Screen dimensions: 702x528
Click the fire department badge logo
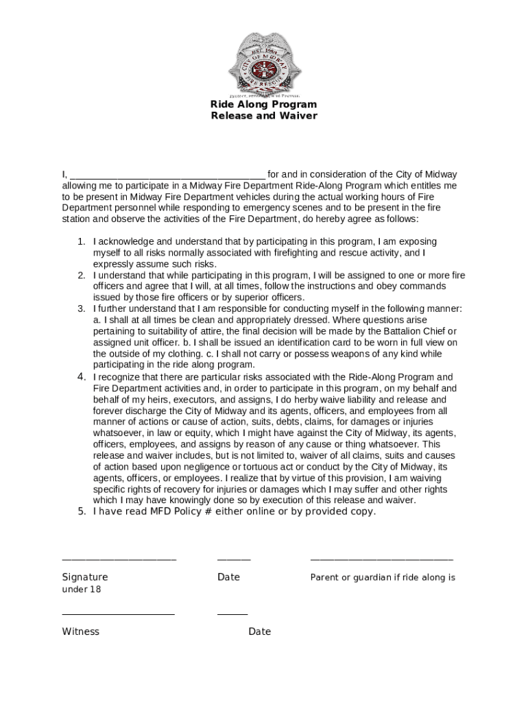(x=264, y=64)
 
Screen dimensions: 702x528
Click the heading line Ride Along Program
(x=264, y=105)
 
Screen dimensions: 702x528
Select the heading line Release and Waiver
(x=264, y=116)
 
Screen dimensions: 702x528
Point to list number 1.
(x=81, y=242)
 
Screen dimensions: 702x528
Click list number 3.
(x=81, y=309)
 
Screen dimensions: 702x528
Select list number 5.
(x=81, y=511)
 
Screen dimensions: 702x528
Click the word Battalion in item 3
(x=407, y=331)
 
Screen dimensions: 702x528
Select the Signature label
(x=85, y=577)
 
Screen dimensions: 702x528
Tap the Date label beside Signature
(x=228, y=577)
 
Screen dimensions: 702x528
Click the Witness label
(x=80, y=631)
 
